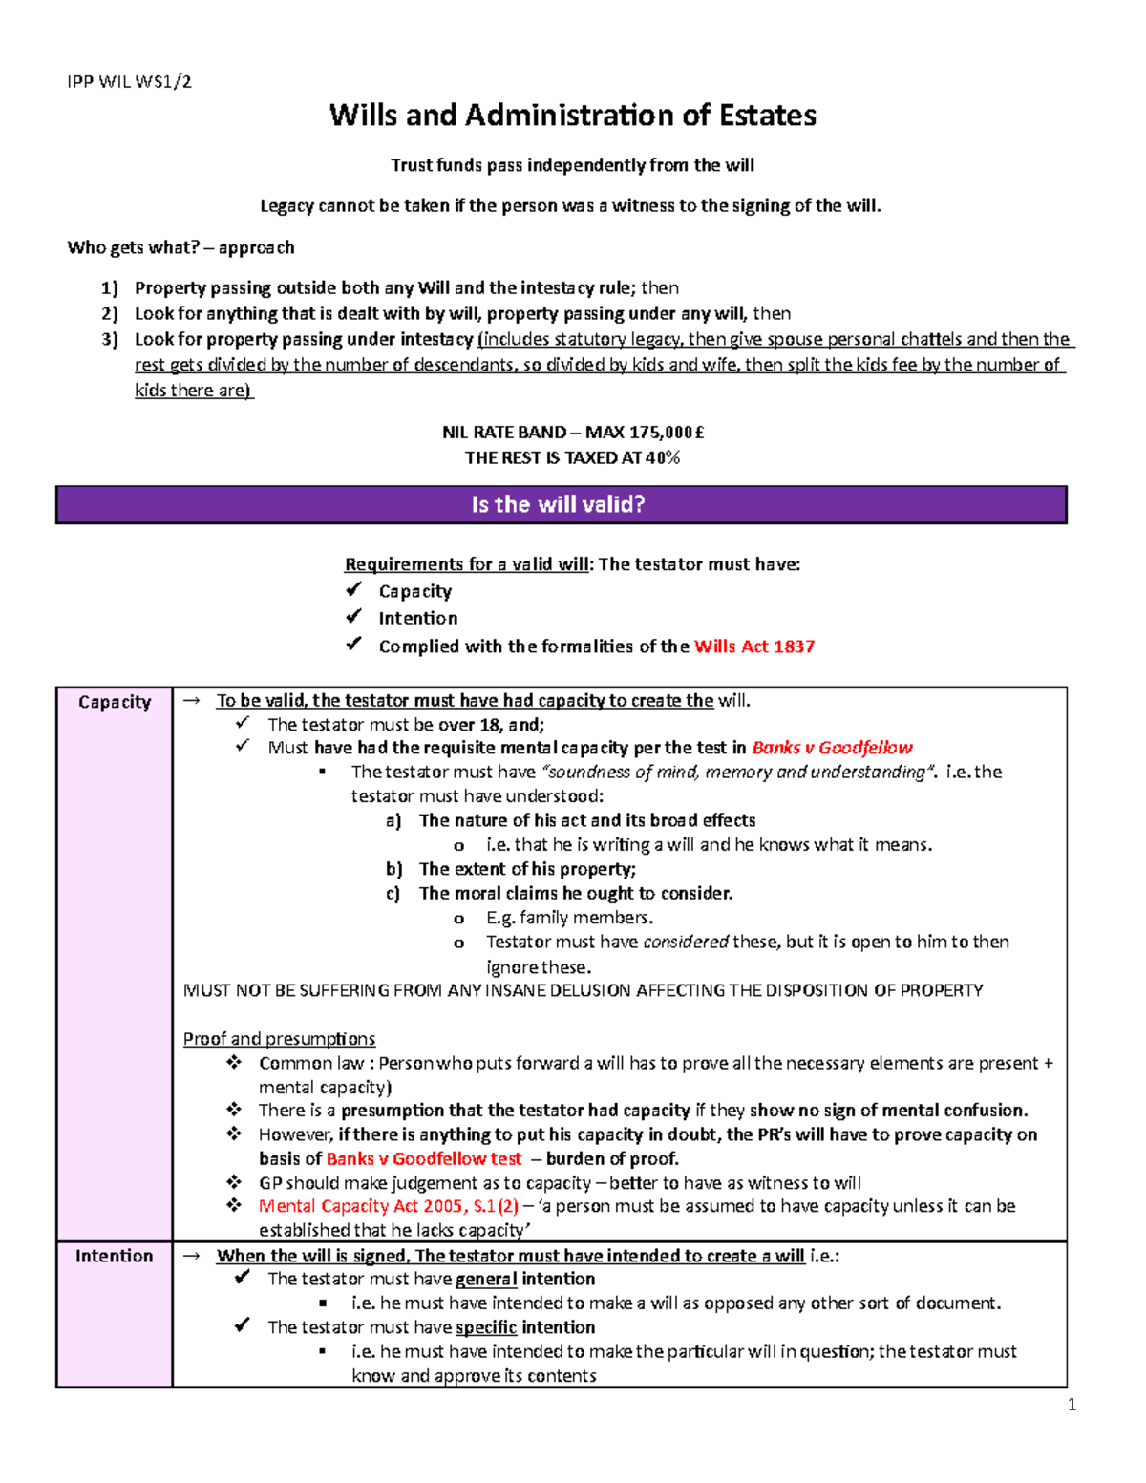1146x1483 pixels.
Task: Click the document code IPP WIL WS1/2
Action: click(129, 81)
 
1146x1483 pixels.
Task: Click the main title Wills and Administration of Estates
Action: click(572, 116)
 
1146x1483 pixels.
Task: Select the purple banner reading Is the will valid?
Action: click(560, 504)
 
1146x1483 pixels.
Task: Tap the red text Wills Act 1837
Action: click(753, 646)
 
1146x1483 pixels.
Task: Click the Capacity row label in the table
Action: click(115, 702)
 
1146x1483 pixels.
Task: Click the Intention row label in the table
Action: click(114, 1256)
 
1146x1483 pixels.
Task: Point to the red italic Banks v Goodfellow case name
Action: click(832, 748)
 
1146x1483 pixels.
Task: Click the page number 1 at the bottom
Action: click(1072, 1404)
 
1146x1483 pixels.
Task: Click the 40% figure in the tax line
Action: click(663, 458)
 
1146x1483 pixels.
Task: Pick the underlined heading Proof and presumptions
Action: click(279, 1039)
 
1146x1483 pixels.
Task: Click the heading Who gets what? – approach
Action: click(180, 247)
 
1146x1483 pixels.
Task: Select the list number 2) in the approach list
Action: click(110, 314)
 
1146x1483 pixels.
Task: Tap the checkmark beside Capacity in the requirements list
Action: click(354, 590)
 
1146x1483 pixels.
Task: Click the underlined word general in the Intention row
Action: click(486, 1280)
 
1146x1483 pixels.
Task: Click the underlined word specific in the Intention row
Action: click(486, 1327)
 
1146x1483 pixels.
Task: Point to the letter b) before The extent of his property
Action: click(393, 869)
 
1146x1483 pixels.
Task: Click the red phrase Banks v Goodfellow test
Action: click(424, 1159)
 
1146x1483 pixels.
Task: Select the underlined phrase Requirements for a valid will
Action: click(466, 564)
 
